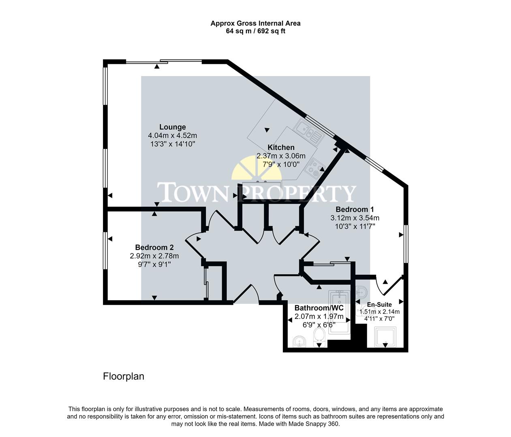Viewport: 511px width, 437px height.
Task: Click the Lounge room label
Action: pos(172,127)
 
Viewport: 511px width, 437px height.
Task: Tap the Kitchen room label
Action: pos(281,147)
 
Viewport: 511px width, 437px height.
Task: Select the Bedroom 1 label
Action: pos(355,209)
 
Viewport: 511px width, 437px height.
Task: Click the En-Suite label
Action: pos(379,305)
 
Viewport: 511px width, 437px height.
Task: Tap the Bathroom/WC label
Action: pos(319,308)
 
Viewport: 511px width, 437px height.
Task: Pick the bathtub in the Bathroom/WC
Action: pos(339,312)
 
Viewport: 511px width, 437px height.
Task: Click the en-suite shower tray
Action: pos(385,337)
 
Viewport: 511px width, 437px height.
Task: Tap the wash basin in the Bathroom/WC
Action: pos(299,342)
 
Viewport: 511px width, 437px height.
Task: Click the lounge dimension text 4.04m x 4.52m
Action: pos(172,136)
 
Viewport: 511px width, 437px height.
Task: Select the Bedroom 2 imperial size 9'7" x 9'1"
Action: pos(154,264)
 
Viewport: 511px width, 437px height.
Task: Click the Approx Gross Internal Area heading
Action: pos(255,23)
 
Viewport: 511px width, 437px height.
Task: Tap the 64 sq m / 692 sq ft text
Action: pos(255,31)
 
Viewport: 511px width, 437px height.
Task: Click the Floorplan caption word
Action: pos(124,376)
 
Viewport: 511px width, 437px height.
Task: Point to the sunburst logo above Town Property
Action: pos(256,170)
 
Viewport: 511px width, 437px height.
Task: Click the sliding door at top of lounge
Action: pos(164,62)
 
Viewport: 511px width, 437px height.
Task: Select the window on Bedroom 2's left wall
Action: pos(105,250)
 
